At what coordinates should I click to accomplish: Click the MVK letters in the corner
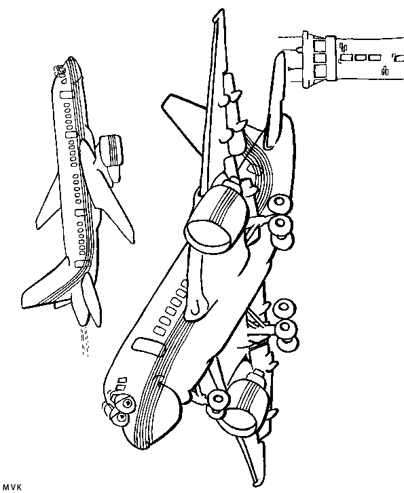click(12, 488)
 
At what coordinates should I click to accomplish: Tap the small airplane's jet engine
click(111, 154)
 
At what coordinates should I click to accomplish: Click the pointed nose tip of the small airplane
click(70, 59)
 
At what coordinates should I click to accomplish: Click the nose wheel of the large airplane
click(217, 399)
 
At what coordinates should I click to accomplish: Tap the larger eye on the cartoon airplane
click(126, 403)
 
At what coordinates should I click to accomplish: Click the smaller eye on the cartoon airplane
click(120, 417)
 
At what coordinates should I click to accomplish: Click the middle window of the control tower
click(320, 59)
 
